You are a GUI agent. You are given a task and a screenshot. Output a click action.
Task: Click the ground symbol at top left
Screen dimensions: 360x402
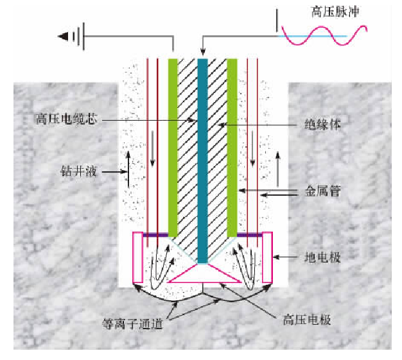[x=69, y=37]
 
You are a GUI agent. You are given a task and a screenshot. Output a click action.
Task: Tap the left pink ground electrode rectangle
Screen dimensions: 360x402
[x=137, y=257]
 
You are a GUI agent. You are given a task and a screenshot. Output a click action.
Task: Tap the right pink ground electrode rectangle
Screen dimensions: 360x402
[x=268, y=257]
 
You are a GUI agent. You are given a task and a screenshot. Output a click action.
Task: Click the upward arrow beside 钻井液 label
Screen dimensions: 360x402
[x=128, y=175]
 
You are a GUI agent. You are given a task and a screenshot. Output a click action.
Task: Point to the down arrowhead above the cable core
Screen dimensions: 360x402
[x=202, y=51]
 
